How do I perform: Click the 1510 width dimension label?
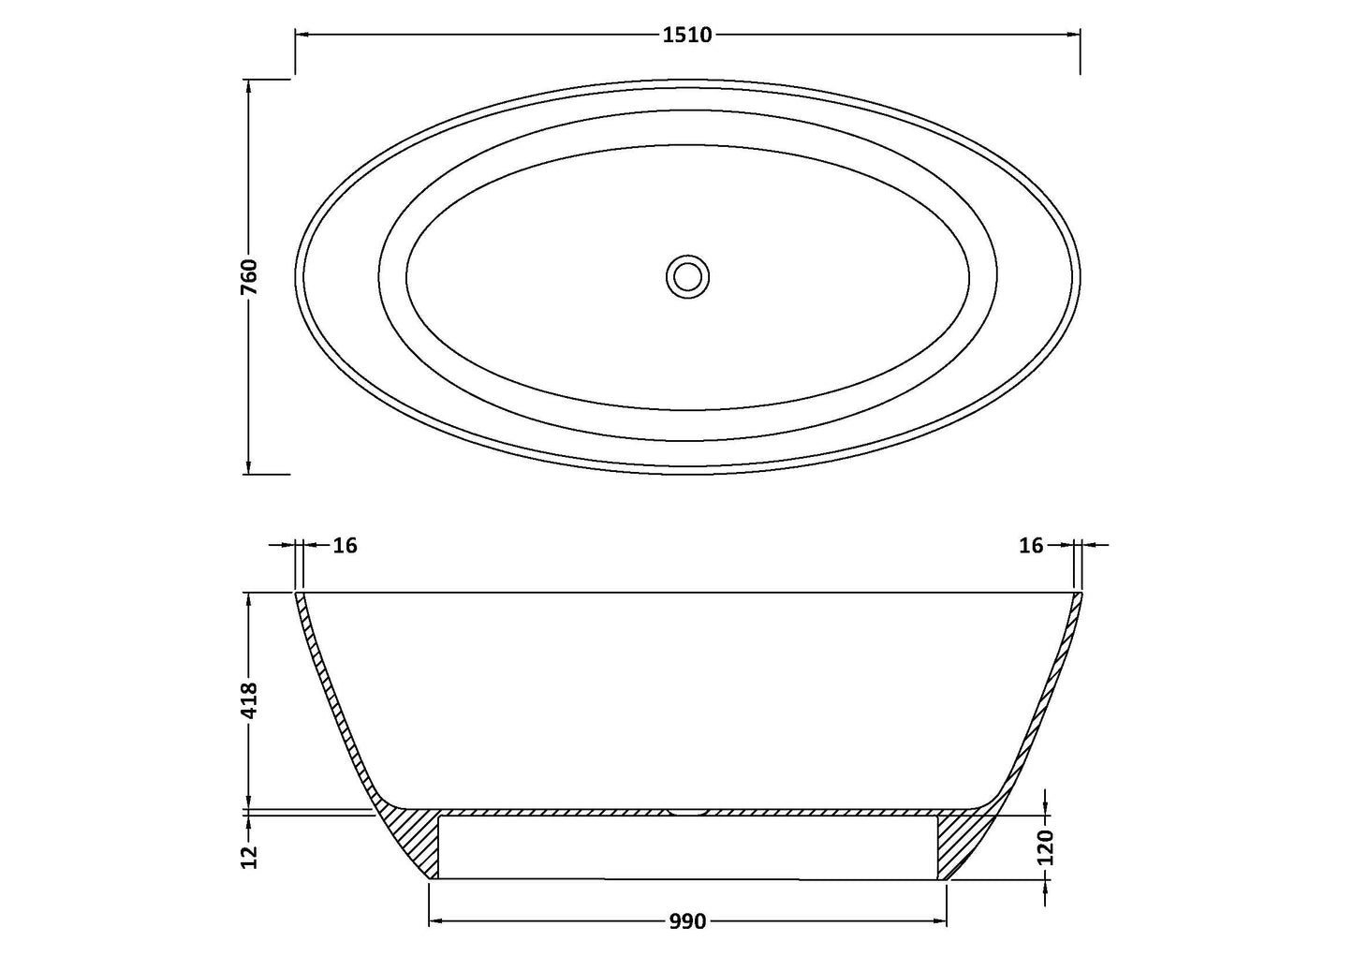[x=687, y=36]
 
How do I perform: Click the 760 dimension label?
[x=249, y=277]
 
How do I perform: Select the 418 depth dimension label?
[x=249, y=699]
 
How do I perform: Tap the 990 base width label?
[x=687, y=922]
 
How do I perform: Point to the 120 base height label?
[x=1046, y=846]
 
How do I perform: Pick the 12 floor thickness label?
[x=249, y=857]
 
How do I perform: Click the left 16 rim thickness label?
[x=345, y=545]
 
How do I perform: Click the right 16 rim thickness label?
[x=1030, y=545]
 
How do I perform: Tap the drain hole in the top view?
[x=688, y=277]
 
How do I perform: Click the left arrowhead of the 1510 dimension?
[x=302, y=36]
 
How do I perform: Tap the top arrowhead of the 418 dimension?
[x=249, y=600]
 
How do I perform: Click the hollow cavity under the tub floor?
[x=688, y=847]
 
